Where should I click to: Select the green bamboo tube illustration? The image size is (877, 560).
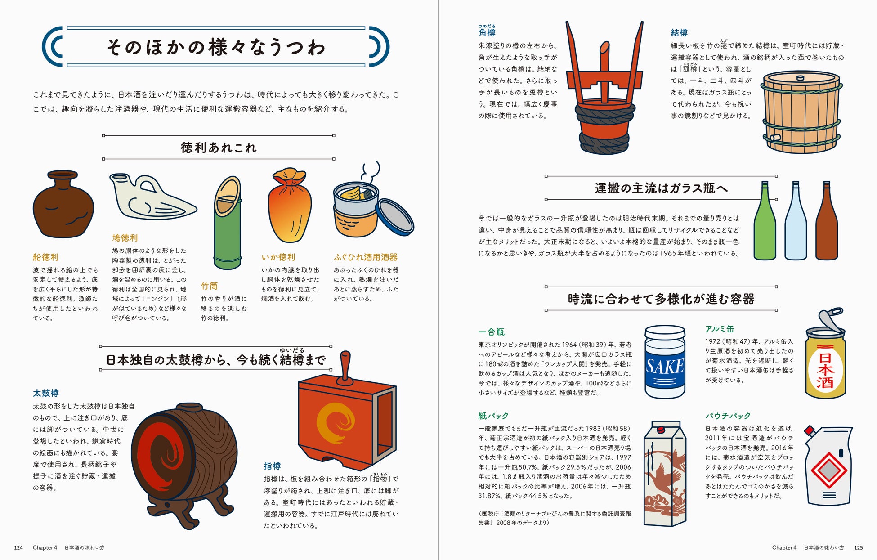[228, 223]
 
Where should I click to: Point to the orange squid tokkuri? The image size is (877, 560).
[290, 205]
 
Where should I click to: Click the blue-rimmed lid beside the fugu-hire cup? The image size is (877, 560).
[394, 217]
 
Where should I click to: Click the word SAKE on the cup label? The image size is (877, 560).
[665, 367]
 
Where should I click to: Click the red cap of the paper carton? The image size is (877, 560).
[661, 430]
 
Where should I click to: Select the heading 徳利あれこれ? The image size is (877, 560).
[219, 148]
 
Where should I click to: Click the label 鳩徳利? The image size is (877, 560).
[125, 237]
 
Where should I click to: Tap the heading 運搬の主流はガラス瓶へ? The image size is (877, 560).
[661, 188]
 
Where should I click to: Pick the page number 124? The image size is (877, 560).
[18, 547]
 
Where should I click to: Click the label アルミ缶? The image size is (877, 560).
[720, 329]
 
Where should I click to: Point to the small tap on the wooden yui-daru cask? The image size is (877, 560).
[774, 137]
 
